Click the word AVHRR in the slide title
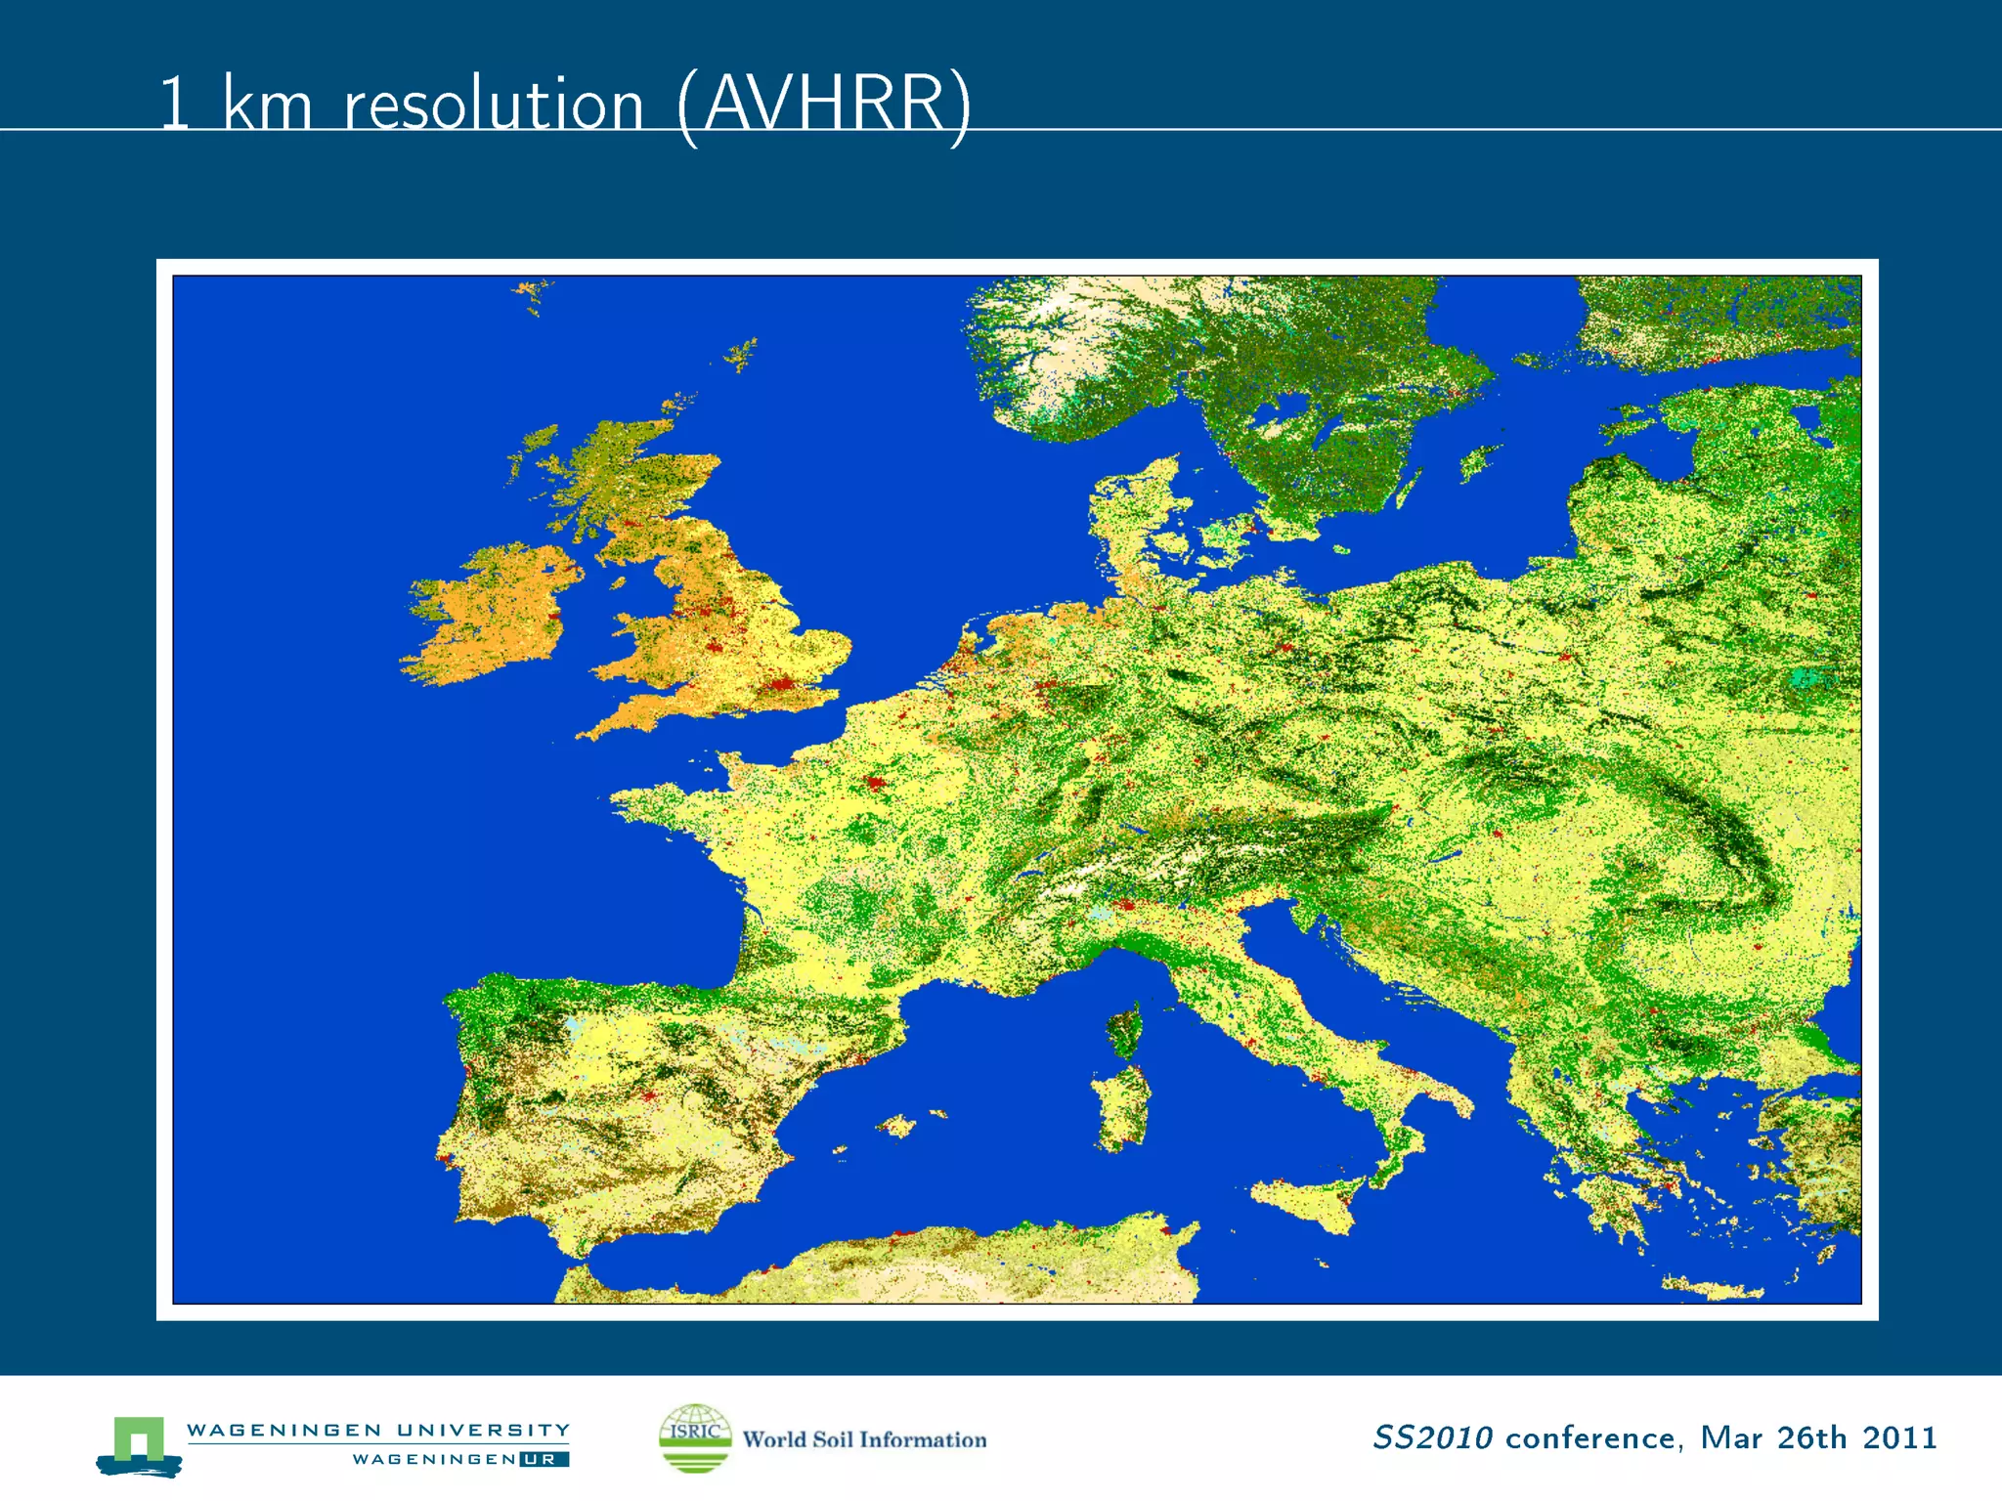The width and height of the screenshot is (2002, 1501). pyautogui.click(x=824, y=104)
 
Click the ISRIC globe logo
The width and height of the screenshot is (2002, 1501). pyautogui.click(x=695, y=1437)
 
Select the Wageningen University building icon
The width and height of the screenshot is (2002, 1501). pyautogui.click(x=139, y=1444)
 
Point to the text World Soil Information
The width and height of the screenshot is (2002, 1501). pyautogui.click(x=864, y=1439)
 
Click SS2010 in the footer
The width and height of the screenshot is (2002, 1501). pyautogui.click(x=1432, y=1437)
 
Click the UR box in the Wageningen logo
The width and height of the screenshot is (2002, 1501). pyautogui.click(x=544, y=1459)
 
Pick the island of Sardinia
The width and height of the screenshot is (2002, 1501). pyautogui.click(x=1121, y=1109)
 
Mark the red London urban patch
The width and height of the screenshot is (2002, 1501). pyautogui.click(x=781, y=683)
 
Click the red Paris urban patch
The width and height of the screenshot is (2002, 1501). pyautogui.click(x=875, y=783)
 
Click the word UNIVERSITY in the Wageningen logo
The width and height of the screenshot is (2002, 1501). pyautogui.click(x=483, y=1430)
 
